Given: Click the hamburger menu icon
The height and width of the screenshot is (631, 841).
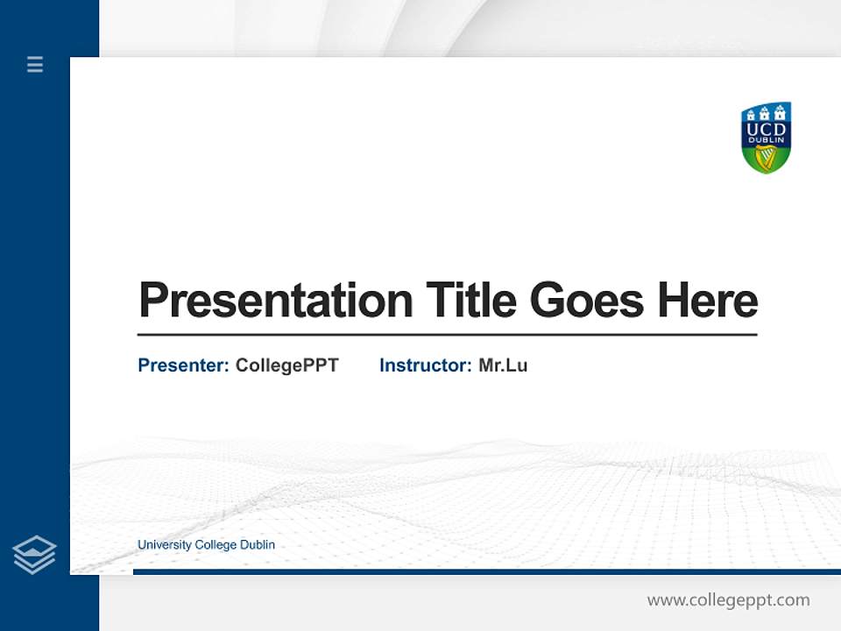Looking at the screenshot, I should (x=35, y=64).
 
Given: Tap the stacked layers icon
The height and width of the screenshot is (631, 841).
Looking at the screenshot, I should (x=34, y=555).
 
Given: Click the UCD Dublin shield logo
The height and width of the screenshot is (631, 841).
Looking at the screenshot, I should (x=767, y=138).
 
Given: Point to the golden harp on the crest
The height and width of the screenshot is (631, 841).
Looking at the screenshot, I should (x=767, y=158).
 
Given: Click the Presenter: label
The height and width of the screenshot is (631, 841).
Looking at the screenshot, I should (x=183, y=365).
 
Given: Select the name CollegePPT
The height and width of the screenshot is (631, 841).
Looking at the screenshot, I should (x=286, y=365).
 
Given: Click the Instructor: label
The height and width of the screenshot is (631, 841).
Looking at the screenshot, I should (x=425, y=365).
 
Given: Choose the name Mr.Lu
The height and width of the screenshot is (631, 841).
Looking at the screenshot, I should (x=503, y=365).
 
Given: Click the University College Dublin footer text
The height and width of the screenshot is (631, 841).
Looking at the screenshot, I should (x=206, y=545).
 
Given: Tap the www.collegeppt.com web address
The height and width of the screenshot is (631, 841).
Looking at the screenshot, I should (x=728, y=600).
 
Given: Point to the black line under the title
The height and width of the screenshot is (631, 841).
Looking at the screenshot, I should (x=447, y=335).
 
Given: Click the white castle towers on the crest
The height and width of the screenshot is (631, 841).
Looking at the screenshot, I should (x=767, y=112).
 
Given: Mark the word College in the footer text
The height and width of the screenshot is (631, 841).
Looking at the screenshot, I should (x=216, y=545).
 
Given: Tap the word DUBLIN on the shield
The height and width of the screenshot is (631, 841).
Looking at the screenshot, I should (x=767, y=141).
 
